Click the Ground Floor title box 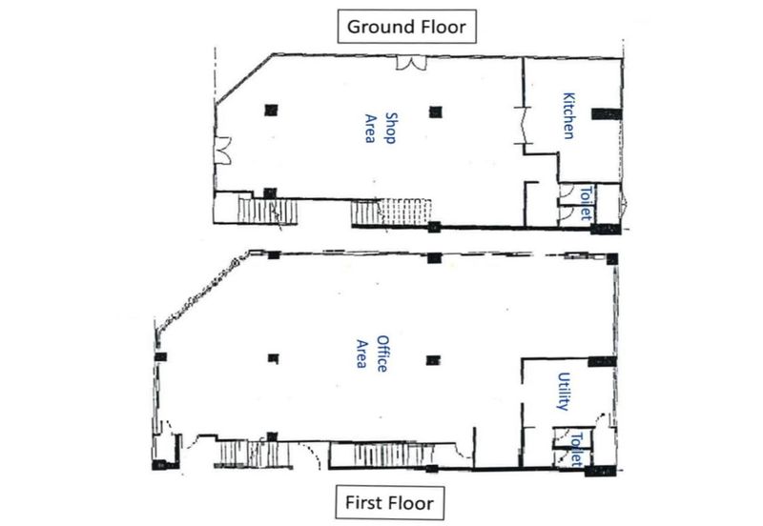pos(407,27)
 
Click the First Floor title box pos(389,502)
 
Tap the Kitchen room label pos(568,115)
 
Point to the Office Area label pos(372,354)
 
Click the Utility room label pos(564,392)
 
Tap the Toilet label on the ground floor pos(587,203)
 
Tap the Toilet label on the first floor pos(577,449)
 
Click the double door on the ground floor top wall pos(411,63)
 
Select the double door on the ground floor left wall pos(222,151)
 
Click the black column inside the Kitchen pos(607,113)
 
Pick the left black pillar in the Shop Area pos(271,111)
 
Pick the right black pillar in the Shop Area pos(436,112)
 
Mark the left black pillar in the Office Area pos(274,359)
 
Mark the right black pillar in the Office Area pos(433,360)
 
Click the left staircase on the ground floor pos(267,211)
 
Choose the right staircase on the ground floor pos(391,212)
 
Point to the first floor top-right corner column pos(611,259)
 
